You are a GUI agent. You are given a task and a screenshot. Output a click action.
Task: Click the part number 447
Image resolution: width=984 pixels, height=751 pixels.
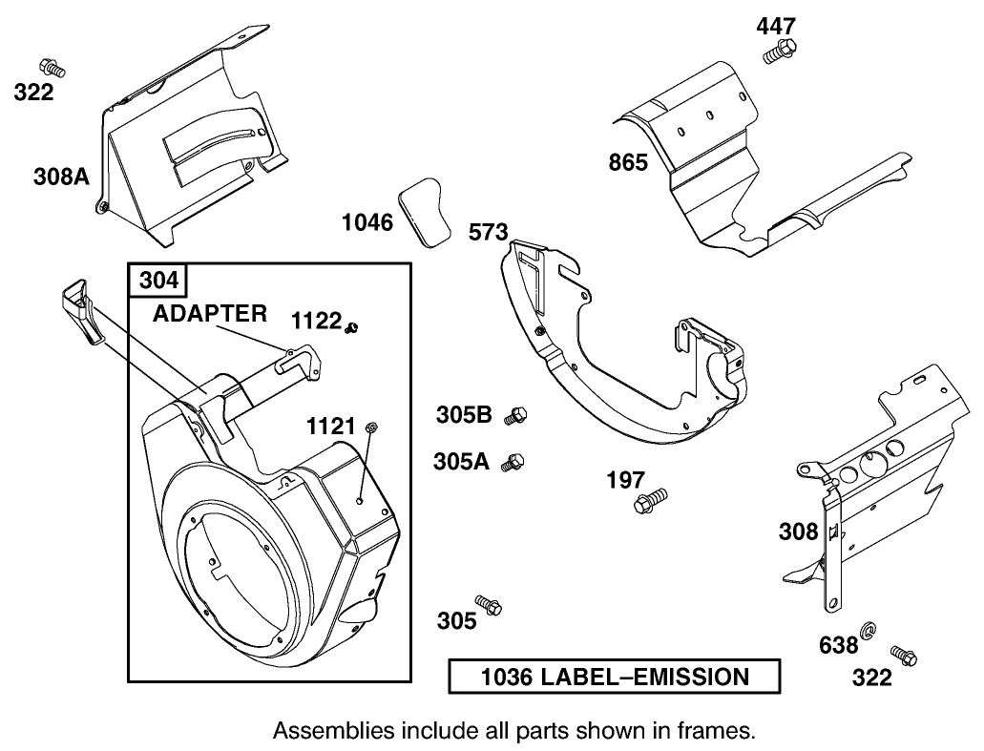(x=775, y=26)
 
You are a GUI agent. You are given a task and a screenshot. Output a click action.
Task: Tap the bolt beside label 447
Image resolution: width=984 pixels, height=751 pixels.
(x=780, y=50)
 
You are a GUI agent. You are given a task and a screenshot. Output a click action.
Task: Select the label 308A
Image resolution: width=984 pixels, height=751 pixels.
(x=60, y=176)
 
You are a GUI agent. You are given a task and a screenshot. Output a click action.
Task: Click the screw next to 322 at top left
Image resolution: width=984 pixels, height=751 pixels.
(x=52, y=68)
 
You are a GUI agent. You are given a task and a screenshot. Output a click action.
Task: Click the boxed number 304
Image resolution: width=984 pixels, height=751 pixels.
(x=158, y=281)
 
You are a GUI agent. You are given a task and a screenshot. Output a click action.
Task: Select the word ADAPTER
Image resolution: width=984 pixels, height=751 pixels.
(x=211, y=315)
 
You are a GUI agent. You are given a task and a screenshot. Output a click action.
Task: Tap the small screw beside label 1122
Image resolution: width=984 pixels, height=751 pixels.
(x=353, y=328)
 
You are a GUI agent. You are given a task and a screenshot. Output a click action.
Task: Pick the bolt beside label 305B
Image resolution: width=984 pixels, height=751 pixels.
(x=517, y=414)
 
